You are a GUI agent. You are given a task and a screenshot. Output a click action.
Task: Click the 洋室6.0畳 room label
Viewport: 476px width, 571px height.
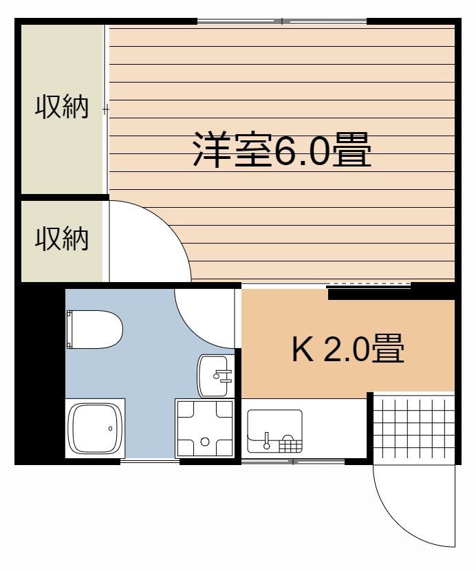pos(281,151)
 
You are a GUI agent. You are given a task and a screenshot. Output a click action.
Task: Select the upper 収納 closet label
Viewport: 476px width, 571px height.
pos(63,108)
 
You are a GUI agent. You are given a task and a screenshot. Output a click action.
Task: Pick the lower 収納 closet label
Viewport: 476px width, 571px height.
pos(63,239)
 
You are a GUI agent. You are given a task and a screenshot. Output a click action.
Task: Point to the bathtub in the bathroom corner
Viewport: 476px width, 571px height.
pos(95,427)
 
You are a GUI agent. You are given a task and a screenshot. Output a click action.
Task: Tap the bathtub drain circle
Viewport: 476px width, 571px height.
pos(110,428)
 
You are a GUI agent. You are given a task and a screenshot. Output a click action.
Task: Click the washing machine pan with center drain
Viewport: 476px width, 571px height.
pos(204,427)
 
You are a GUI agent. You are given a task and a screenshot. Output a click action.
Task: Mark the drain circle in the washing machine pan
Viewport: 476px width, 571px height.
pos(204,442)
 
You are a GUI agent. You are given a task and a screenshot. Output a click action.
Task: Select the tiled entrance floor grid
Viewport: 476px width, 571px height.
pos(413,427)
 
